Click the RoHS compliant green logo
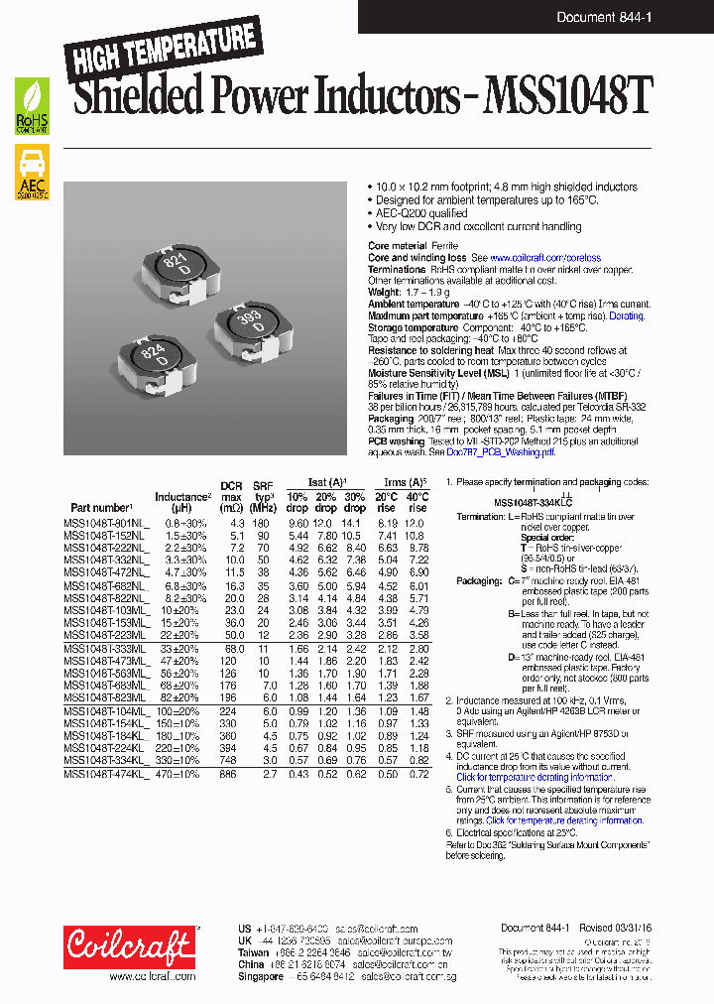coord(32,107)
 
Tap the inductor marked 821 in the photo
coord(177,268)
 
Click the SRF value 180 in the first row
coord(262,522)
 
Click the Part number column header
coord(101,507)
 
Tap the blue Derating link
coord(627,315)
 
